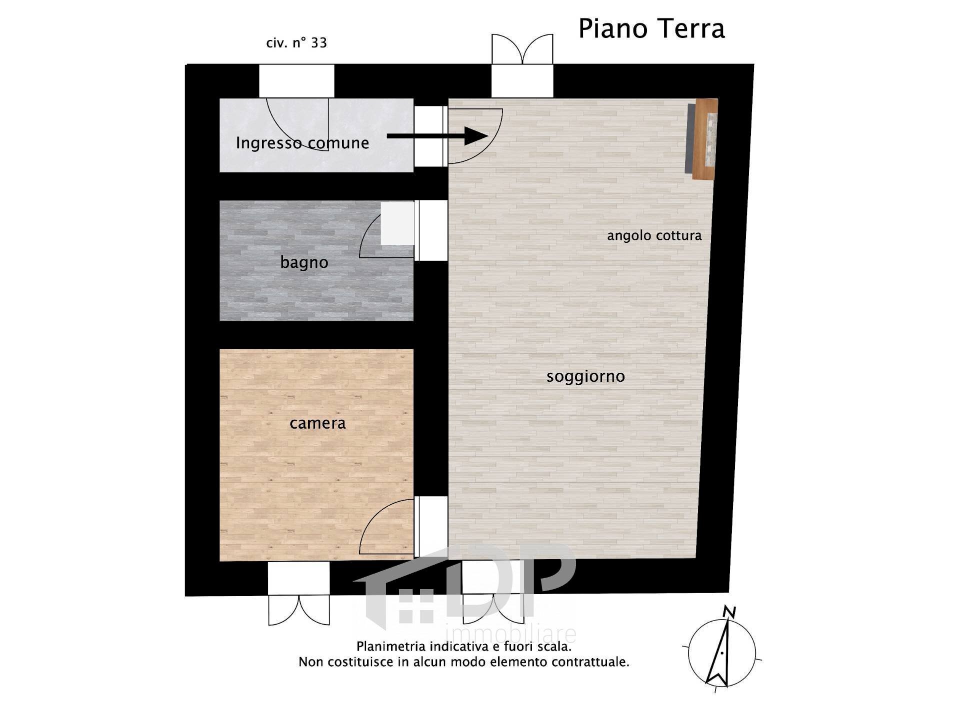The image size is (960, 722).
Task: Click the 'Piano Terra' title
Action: [651, 28]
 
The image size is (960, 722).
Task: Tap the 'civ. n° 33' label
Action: [296, 43]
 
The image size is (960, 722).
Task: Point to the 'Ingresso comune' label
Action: [302, 143]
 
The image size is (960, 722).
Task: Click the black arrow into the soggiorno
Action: [437, 136]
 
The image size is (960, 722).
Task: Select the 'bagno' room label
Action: [304, 262]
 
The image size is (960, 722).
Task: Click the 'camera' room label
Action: [317, 423]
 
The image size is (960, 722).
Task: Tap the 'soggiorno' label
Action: [585, 376]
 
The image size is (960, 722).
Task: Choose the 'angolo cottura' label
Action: [654, 235]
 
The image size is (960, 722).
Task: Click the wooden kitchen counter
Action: [705, 138]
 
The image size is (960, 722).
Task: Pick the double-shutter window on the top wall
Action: [522, 49]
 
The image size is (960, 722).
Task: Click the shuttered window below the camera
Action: [299, 610]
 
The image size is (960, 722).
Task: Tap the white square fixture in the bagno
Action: [397, 223]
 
